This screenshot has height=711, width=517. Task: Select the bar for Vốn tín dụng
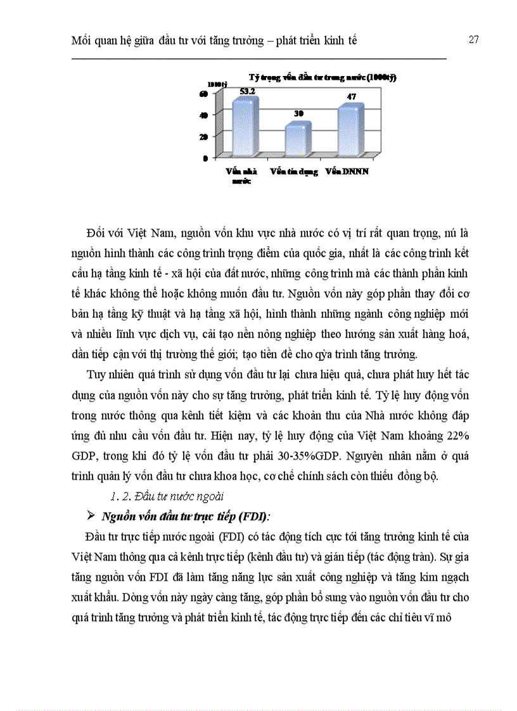coord(297,138)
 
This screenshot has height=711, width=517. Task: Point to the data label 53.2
coord(247,91)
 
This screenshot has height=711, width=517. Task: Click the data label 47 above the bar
coord(352,97)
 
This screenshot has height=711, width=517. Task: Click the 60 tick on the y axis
coord(204,93)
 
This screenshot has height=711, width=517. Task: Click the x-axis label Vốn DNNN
coord(348,171)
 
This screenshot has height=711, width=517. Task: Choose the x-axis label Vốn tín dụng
coord(295,171)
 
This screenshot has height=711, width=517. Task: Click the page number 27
coord(473,39)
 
